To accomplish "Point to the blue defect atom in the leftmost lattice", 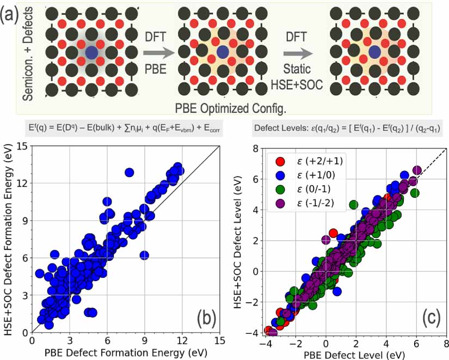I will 91,53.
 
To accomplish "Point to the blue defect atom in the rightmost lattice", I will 374,52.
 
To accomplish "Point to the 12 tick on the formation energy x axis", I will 182,340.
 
